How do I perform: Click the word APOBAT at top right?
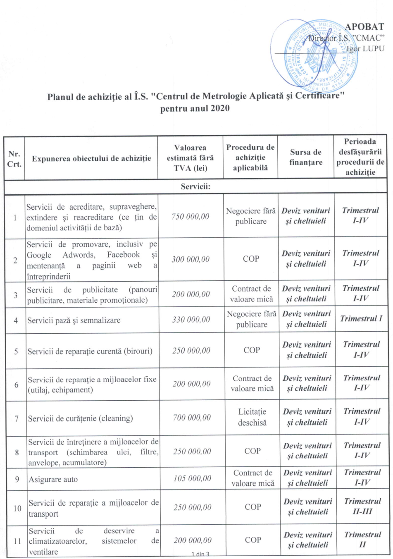(364, 27)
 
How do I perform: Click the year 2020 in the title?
(219, 108)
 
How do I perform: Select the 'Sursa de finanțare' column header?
(305, 157)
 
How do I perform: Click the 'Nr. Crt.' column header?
(14, 159)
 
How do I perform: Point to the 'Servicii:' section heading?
(195, 186)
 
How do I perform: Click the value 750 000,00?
(190, 216)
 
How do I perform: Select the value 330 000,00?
(191, 319)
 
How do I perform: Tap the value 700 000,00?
(192, 417)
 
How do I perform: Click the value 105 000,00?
(192, 478)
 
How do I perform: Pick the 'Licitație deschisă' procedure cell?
(252, 417)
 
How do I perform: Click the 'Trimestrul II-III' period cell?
(362, 506)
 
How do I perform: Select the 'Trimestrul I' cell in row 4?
(361, 318)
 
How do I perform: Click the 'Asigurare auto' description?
(53, 480)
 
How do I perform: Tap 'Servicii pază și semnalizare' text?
(74, 320)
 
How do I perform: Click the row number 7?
(17, 418)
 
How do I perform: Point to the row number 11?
(17, 541)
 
